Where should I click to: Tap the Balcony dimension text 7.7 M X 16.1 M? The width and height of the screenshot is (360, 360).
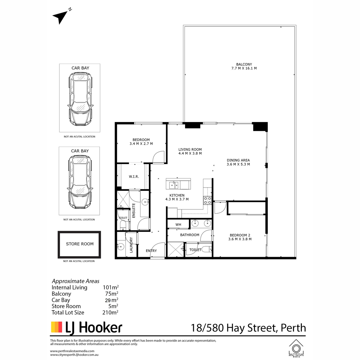244,68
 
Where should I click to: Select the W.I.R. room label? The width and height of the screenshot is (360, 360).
134,176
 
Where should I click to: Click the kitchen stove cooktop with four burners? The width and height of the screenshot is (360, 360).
207,200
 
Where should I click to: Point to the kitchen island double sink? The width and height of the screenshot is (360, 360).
174,185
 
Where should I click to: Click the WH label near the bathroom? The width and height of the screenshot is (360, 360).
178,225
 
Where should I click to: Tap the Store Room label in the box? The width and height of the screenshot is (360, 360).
80,244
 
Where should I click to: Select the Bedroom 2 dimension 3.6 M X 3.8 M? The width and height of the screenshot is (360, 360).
240,239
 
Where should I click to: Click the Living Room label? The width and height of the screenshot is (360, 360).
190,149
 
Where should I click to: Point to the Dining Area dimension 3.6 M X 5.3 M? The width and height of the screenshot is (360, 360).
238,164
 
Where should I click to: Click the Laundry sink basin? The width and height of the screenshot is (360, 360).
121,247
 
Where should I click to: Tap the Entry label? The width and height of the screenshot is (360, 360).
151,251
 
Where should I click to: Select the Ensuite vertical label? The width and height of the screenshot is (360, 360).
133,211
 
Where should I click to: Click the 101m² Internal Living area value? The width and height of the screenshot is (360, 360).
111,287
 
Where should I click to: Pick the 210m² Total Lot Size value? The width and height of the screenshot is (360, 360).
110,312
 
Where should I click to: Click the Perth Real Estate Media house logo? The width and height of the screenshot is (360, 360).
296,349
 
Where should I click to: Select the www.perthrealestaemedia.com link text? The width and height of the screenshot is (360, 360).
72,351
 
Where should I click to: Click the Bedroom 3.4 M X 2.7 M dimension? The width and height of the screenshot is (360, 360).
141,144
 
